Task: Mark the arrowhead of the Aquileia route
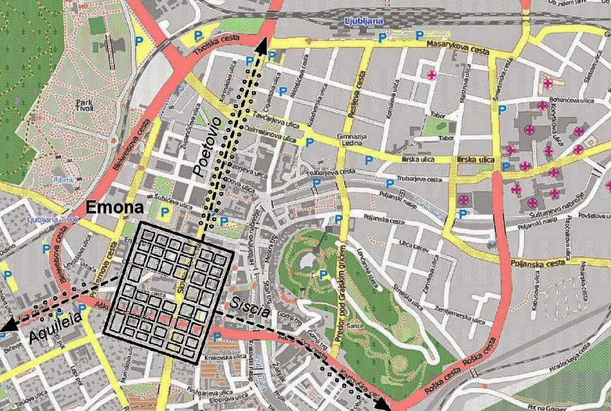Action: pos(6,328)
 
